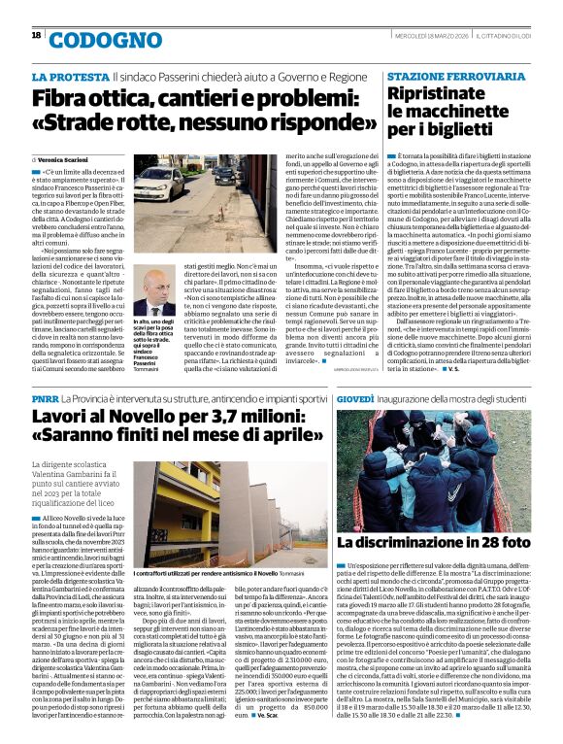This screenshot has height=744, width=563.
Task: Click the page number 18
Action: [x=36, y=35]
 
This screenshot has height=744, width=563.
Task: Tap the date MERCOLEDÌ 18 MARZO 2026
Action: [x=431, y=36]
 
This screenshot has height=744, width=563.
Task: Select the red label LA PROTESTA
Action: [x=68, y=76]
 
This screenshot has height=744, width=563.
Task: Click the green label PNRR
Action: [x=47, y=398]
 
